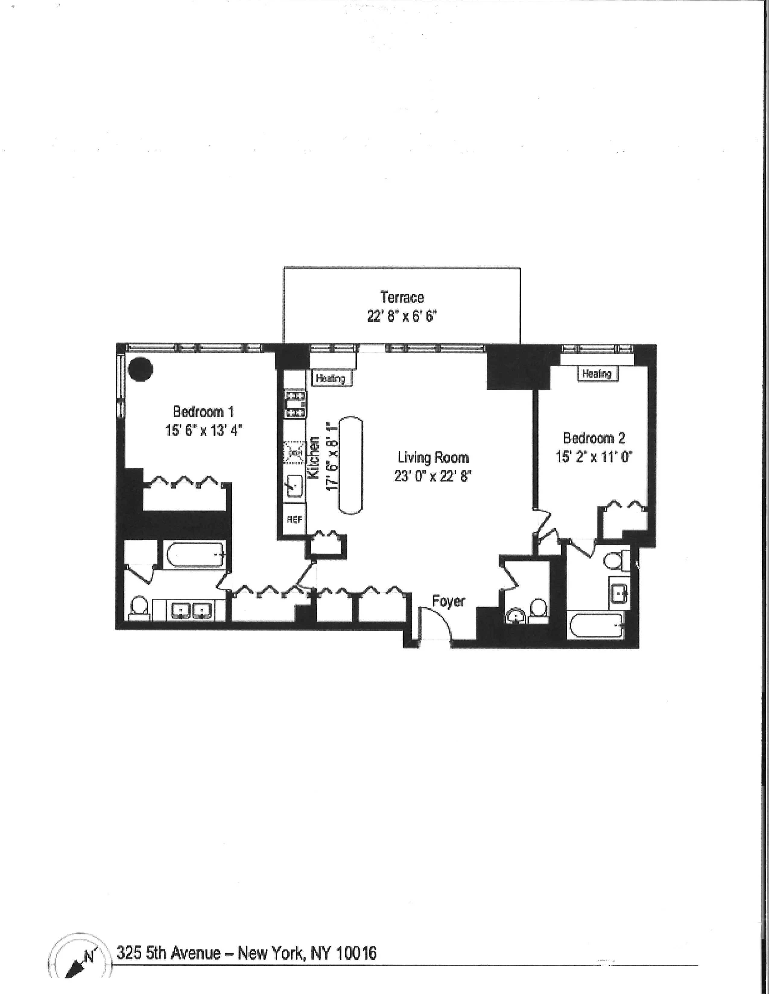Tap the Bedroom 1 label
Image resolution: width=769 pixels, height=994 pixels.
[x=203, y=411]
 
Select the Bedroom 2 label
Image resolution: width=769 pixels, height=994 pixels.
[x=594, y=438]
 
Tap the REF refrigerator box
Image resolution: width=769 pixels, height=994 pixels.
[x=294, y=519]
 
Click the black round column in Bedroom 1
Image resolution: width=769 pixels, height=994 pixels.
[x=140, y=369]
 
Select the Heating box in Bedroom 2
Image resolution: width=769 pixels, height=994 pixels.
[x=597, y=374]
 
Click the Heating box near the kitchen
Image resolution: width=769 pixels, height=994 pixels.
[x=331, y=378]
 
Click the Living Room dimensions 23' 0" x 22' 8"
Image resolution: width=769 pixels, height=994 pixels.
[x=433, y=476]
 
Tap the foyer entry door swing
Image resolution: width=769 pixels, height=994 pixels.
[x=435, y=624]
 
